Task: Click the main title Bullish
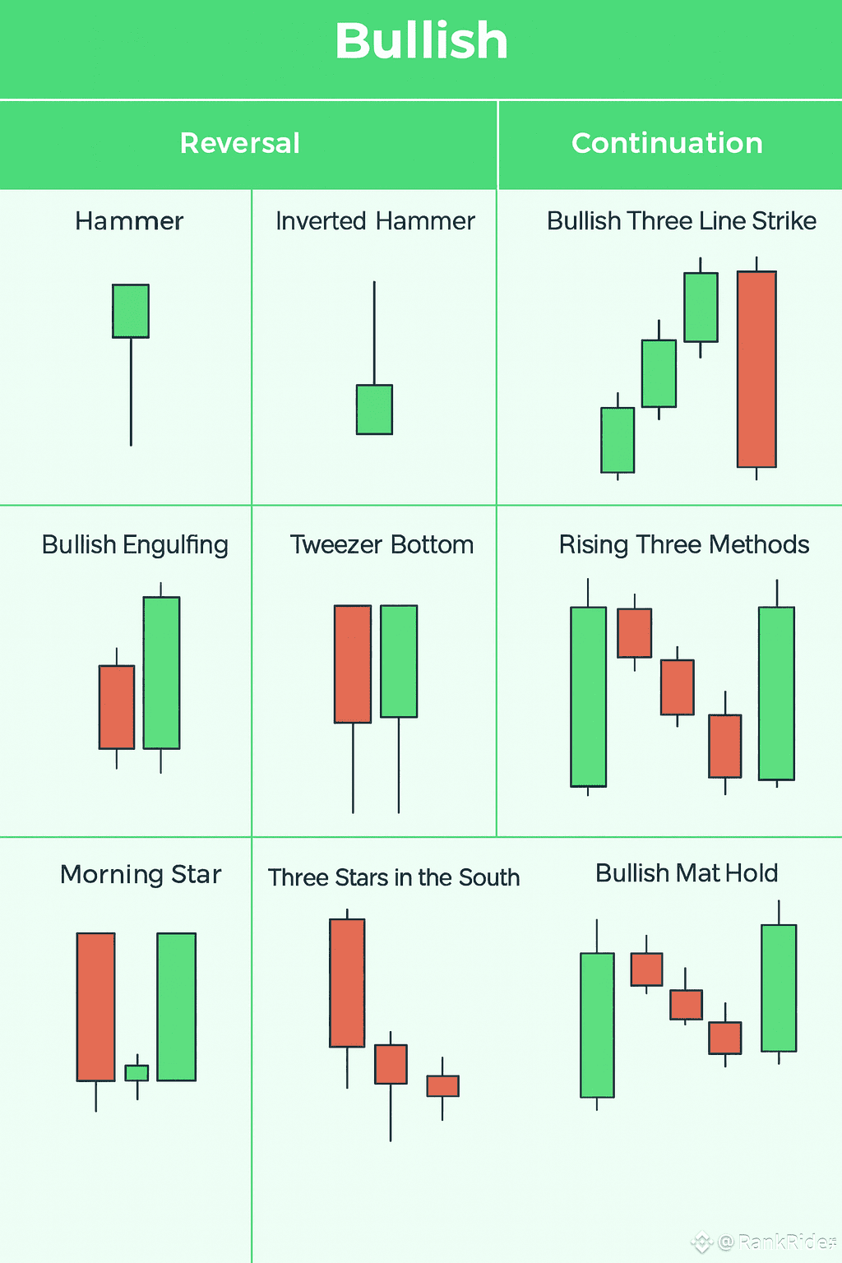(x=421, y=41)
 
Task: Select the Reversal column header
(x=240, y=143)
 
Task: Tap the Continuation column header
(x=667, y=143)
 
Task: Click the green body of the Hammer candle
(x=131, y=311)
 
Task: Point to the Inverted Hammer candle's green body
(x=374, y=409)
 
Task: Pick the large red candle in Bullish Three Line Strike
(x=756, y=369)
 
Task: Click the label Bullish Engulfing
(x=135, y=544)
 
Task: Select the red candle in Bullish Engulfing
(x=117, y=707)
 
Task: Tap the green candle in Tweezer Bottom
(x=399, y=661)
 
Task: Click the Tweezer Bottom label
(x=382, y=544)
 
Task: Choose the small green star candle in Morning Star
(x=136, y=1073)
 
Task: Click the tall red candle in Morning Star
(x=96, y=1006)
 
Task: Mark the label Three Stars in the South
(x=394, y=877)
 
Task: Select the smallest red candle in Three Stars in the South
(x=442, y=1086)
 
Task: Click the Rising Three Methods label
(x=684, y=544)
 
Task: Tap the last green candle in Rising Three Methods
(x=776, y=693)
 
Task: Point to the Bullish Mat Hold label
(x=687, y=872)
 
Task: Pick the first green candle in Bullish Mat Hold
(x=597, y=1025)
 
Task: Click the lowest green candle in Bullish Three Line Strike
(x=618, y=440)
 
